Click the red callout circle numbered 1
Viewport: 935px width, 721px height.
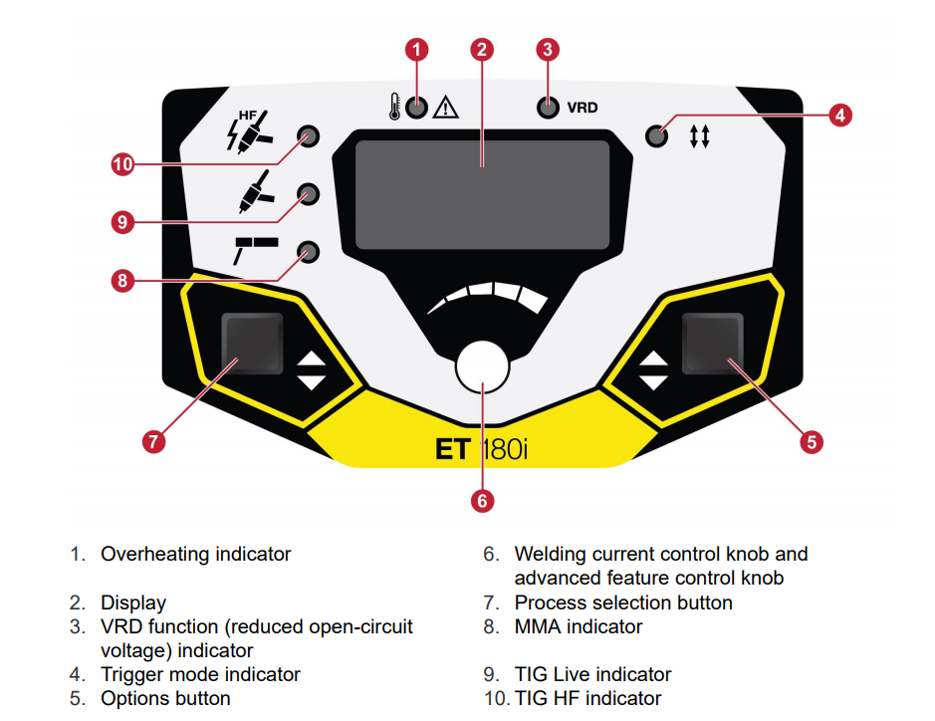(418, 49)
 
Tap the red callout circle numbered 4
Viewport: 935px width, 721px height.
(839, 116)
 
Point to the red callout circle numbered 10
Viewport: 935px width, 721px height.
(122, 165)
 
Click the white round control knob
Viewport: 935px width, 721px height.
(482, 365)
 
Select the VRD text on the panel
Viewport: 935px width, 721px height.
(583, 108)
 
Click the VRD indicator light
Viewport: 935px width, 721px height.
(547, 108)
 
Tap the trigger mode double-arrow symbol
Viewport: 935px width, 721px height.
(699, 137)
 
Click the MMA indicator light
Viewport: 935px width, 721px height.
(309, 251)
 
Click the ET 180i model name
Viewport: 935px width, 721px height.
(481, 449)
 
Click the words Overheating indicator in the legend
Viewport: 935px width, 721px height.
(195, 554)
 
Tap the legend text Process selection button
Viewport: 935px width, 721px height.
(623, 602)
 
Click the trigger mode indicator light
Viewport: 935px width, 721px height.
(656, 135)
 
